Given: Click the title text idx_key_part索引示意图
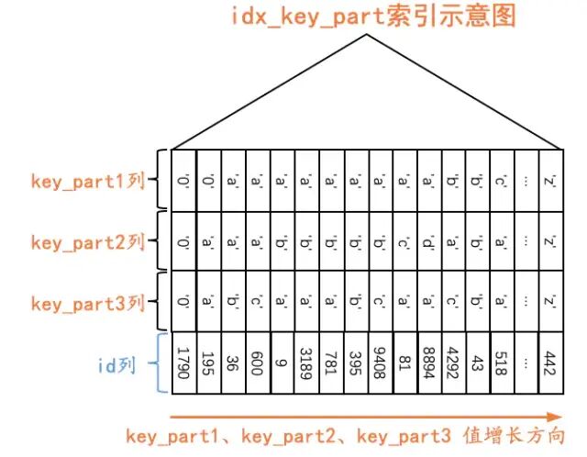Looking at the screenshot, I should (366, 16).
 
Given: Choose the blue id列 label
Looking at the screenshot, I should (116, 365).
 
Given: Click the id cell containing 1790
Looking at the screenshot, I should (184, 363).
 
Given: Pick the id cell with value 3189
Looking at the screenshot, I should (306, 363).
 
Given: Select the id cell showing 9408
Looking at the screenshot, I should (380, 363).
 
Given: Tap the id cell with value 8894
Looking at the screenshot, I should (428, 363).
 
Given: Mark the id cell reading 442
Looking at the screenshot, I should (549, 363).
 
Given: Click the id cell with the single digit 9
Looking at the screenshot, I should (282, 363).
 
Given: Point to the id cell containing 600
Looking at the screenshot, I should (258, 363).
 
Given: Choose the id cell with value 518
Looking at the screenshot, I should (501, 363).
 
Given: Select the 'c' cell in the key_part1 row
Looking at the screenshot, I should (501, 181).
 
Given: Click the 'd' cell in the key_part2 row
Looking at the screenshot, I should (428, 242).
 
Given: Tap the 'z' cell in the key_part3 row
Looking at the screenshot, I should (549, 303).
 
